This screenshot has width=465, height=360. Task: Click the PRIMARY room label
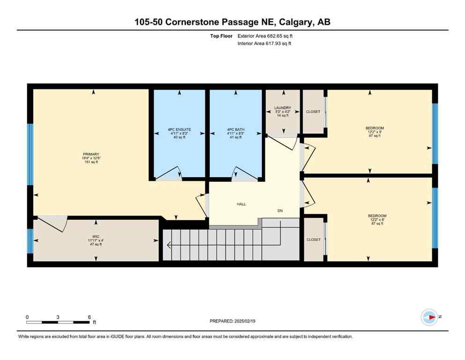click(91, 154)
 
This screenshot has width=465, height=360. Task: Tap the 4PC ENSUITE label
click(180, 129)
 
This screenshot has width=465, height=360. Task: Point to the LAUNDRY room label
click(282, 108)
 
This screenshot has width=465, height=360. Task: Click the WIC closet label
click(96, 237)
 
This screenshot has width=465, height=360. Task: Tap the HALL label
click(241, 204)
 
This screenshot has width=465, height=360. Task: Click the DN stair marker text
click(280, 211)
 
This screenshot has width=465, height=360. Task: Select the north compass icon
click(429, 317)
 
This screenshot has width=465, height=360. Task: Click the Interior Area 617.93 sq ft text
click(266, 44)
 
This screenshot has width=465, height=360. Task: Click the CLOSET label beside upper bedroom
click(313, 112)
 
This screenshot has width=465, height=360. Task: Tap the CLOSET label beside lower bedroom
click(314, 240)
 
